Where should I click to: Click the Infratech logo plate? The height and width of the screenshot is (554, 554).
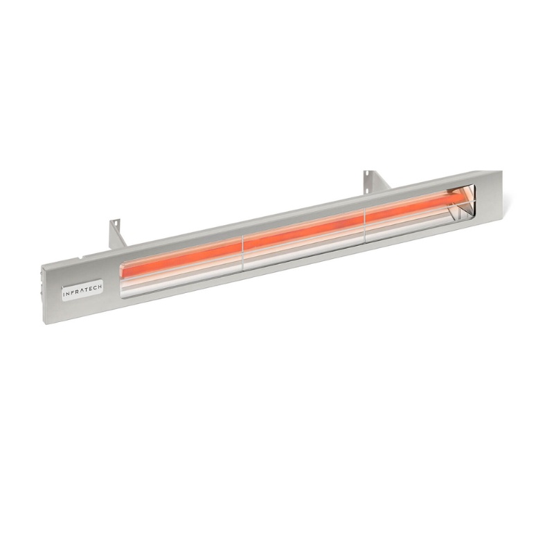pyautogui.click(x=82, y=289)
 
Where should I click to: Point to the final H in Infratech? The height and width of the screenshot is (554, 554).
pyautogui.click(x=100, y=285)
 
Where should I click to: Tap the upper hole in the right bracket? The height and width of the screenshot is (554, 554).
pyautogui.click(x=368, y=175)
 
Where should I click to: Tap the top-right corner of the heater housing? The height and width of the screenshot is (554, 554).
pyautogui.click(x=502, y=171)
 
